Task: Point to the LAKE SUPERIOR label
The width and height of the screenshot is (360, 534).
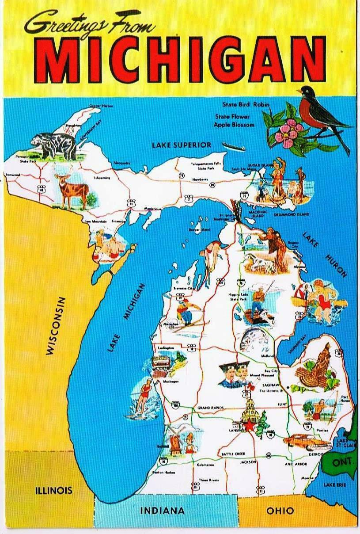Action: point(182,145)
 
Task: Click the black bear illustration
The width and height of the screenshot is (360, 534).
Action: point(53,143)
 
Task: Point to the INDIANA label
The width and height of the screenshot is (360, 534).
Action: point(162,511)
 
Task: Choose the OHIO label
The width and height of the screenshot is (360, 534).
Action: point(280,511)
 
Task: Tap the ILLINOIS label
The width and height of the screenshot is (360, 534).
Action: point(54,490)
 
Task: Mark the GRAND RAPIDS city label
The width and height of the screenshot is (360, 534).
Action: point(210,407)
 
